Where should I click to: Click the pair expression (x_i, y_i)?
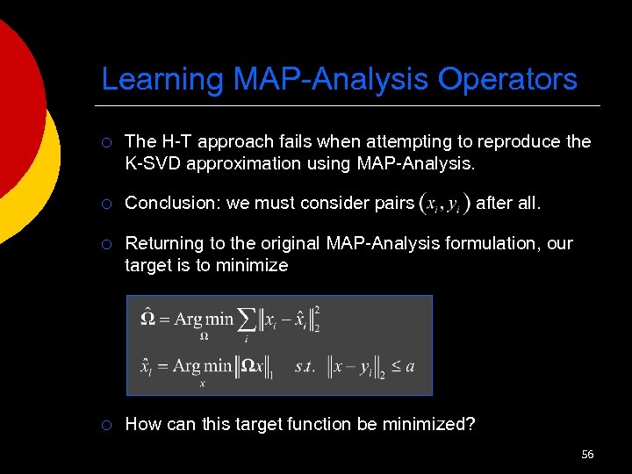(x=444, y=204)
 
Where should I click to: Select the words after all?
(x=508, y=204)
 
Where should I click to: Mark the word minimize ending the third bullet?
(x=255, y=265)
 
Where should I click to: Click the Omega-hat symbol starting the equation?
(x=148, y=318)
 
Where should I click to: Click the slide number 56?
(x=587, y=454)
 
